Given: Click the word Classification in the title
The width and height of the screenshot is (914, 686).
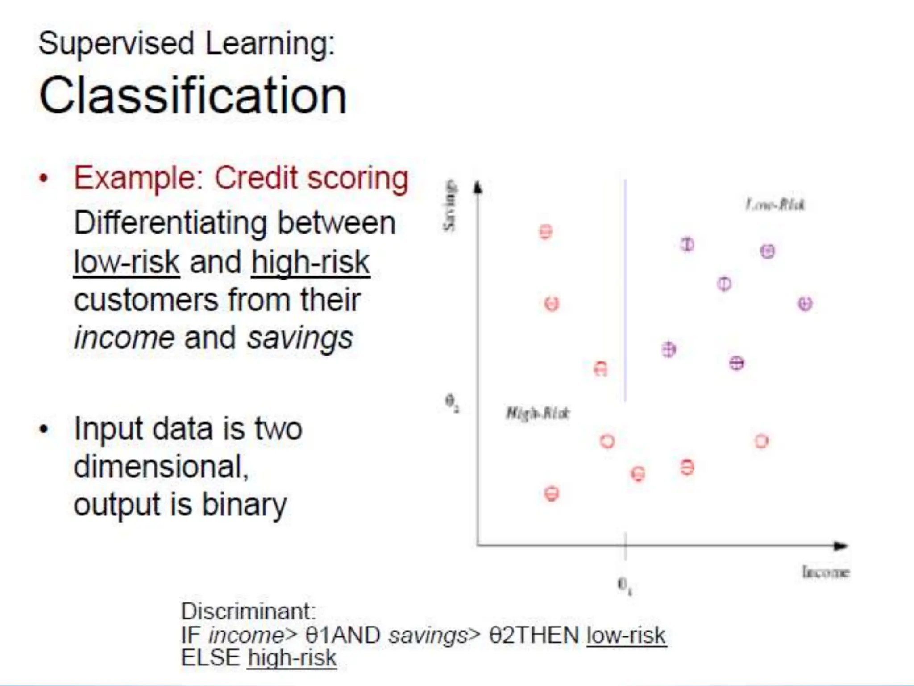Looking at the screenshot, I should coord(193,96).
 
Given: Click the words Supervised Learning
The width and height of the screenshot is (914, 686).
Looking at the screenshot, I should coord(187,44).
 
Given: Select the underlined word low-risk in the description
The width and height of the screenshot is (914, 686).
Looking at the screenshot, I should coord(126,263).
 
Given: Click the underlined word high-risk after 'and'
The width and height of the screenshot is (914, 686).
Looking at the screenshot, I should coord(310,263).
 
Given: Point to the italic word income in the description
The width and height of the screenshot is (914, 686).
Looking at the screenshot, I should coord(124,338).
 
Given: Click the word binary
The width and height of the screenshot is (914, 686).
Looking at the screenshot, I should coord(244,505).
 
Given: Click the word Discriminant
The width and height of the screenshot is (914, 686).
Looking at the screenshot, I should coord(248,611).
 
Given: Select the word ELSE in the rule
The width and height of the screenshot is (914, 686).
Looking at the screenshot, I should coord(210,658).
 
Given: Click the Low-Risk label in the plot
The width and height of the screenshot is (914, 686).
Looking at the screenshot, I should coord(775,205).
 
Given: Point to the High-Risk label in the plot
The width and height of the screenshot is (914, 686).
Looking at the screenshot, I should coord(537,413).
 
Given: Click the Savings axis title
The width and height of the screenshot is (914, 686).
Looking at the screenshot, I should coord(450,205).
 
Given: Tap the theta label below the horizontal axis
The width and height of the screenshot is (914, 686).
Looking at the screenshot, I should coord(624,585).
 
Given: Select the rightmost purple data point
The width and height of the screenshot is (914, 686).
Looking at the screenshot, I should coord(805,304).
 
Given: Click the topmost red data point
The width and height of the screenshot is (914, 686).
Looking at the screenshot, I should coord(545,232).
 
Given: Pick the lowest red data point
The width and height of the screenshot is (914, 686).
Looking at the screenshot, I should coord(552,494).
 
